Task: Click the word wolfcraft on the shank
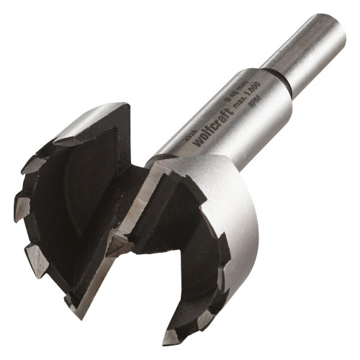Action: tap(212, 129)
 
